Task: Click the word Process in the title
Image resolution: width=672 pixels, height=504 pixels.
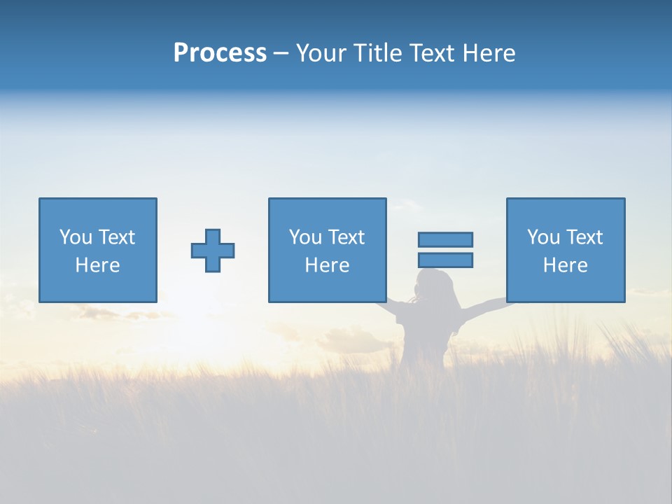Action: point(220,53)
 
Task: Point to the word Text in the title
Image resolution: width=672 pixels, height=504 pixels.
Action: point(430,53)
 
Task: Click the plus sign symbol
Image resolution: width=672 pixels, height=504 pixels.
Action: point(213,251)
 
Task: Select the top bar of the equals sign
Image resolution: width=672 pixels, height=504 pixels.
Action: point(445,239)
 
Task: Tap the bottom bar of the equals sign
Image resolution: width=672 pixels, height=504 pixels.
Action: point(445,260)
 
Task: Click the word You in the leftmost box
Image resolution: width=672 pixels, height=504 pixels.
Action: point(76,237)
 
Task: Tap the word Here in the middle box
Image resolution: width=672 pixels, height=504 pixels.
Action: point(327,265)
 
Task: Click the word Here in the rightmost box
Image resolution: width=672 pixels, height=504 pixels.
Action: point(565,265)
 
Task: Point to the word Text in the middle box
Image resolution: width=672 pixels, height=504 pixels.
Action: point(346,237)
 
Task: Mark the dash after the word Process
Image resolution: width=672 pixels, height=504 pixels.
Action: point(281,54)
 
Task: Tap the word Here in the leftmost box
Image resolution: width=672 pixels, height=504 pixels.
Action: point(97,265)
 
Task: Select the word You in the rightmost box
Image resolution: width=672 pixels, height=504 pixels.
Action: point(543,237)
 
